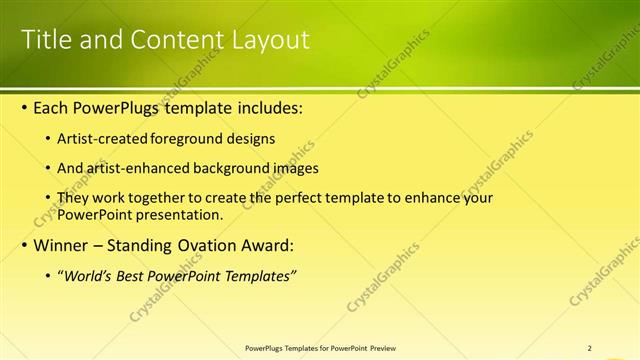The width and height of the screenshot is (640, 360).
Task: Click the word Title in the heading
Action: click(47, 40)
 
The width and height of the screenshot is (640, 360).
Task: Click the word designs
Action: click(253, 138)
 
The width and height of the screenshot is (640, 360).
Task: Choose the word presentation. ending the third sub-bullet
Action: click(179, 214)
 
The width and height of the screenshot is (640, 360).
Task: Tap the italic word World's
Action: click(87, 276)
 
